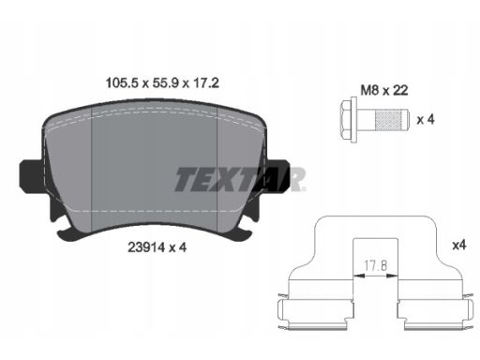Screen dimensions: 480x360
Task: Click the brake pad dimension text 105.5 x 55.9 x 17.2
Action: coord(162,83)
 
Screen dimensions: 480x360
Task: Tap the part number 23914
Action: coord(146,247)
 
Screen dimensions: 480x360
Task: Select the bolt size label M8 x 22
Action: coord(384,90)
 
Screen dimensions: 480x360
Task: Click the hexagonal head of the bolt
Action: coord(346,120)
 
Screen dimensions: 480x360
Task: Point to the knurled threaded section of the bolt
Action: coord(387,120)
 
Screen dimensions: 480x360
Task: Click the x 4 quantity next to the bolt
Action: coord(426,119)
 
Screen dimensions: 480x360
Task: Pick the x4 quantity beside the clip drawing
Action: coord(459,245)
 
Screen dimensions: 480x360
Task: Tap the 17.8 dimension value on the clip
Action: coord(376,266)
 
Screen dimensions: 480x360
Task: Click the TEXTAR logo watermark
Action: coord(240,179)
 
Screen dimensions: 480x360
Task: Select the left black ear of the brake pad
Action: coord(30,176)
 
